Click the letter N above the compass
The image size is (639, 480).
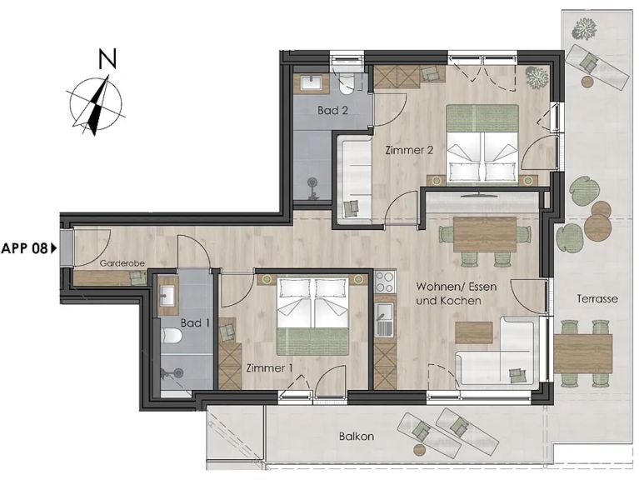(108, 58)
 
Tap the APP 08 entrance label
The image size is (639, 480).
(24, 248)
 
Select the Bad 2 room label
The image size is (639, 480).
(333, 110)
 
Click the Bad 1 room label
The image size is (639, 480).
(195, 323)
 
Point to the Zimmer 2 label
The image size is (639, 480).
(409, 150)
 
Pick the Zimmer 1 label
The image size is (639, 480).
(269, 368)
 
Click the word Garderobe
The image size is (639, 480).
(122, 263)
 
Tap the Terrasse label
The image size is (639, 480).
(597, 298)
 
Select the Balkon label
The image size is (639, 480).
(357, 437)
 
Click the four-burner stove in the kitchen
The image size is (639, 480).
(385, 282)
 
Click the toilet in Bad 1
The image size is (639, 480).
(171, 336)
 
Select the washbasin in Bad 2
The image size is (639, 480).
(312, 83)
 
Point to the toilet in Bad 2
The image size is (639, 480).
(347, 84)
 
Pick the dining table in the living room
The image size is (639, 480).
(485, 234)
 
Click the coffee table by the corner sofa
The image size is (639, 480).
(474, 332)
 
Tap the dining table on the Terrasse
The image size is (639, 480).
(582, 353)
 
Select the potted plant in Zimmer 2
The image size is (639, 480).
(537, 76)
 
